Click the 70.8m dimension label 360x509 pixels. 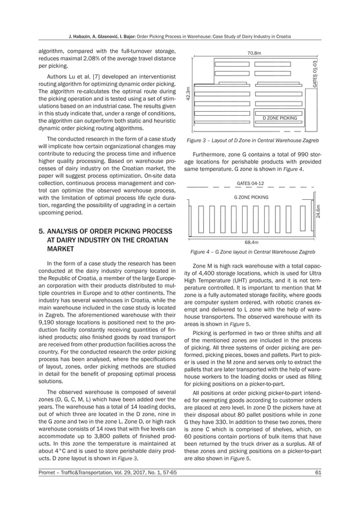pos(254,52)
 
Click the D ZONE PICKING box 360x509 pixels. pos(279,118)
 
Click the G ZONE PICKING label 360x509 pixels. pos(251,197)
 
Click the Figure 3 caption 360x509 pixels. pos(253,139)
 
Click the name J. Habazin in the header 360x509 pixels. pos(82,37)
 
